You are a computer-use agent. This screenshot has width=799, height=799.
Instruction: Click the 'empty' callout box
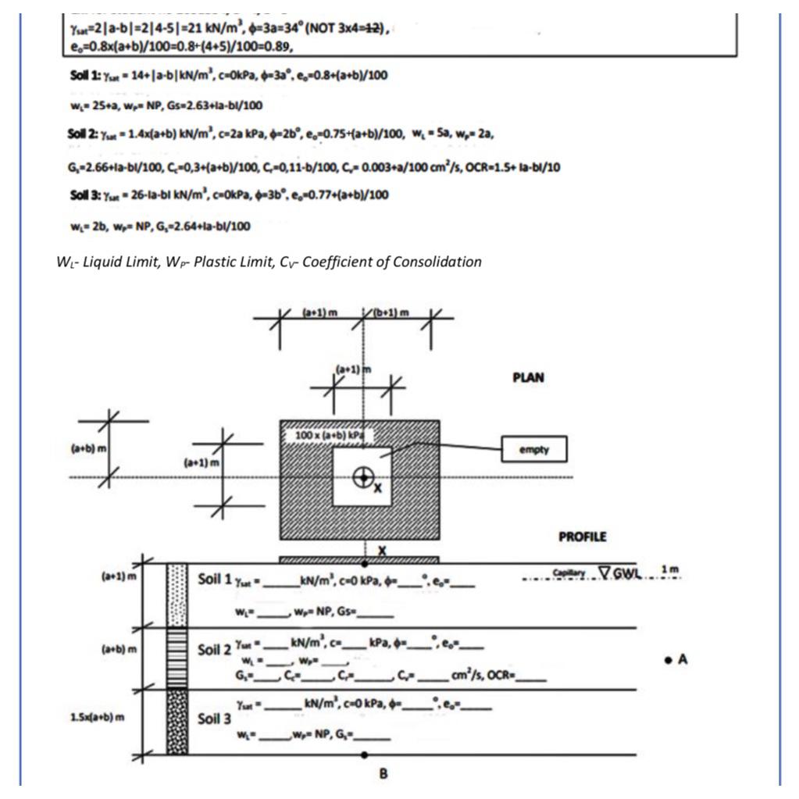point(534,449)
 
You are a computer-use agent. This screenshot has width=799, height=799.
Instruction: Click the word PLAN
point(528,377)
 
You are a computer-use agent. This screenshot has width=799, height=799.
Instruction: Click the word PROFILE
point(582,537)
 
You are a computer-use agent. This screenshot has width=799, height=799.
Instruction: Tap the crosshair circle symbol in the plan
point(362,476)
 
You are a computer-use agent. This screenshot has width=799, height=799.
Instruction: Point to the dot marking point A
point(670,659)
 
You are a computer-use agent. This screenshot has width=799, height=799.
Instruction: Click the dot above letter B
point(365,755)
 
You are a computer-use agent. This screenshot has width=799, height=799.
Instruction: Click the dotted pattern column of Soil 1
point(177,594)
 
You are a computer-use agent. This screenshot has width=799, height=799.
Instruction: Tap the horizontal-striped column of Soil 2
point(177,658)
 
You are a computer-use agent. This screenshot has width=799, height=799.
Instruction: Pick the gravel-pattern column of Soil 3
point(177,722)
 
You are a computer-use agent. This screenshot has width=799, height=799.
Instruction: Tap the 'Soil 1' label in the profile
point(216,580)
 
